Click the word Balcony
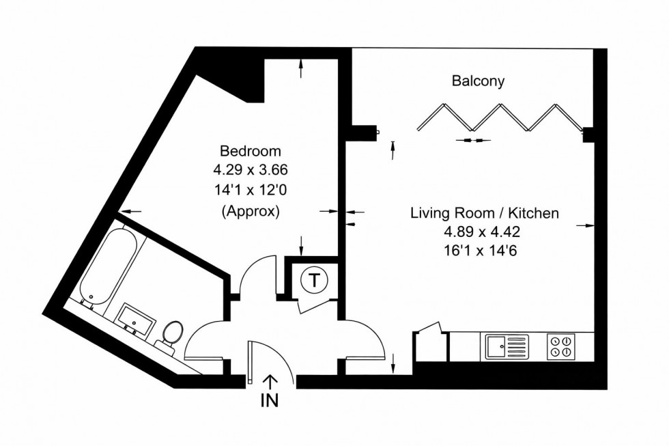[x=478, y=81]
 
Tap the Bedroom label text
[x=250, y=151]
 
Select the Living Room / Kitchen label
[x=484, y=213]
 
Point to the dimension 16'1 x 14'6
[x=484, y=251]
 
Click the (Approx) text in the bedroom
[x=250, y=211]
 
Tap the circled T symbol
[x=313, y=279]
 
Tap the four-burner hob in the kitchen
[x=561, y=346]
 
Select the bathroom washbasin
[x=137, y=319]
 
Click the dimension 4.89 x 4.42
[x=484, y=232]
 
